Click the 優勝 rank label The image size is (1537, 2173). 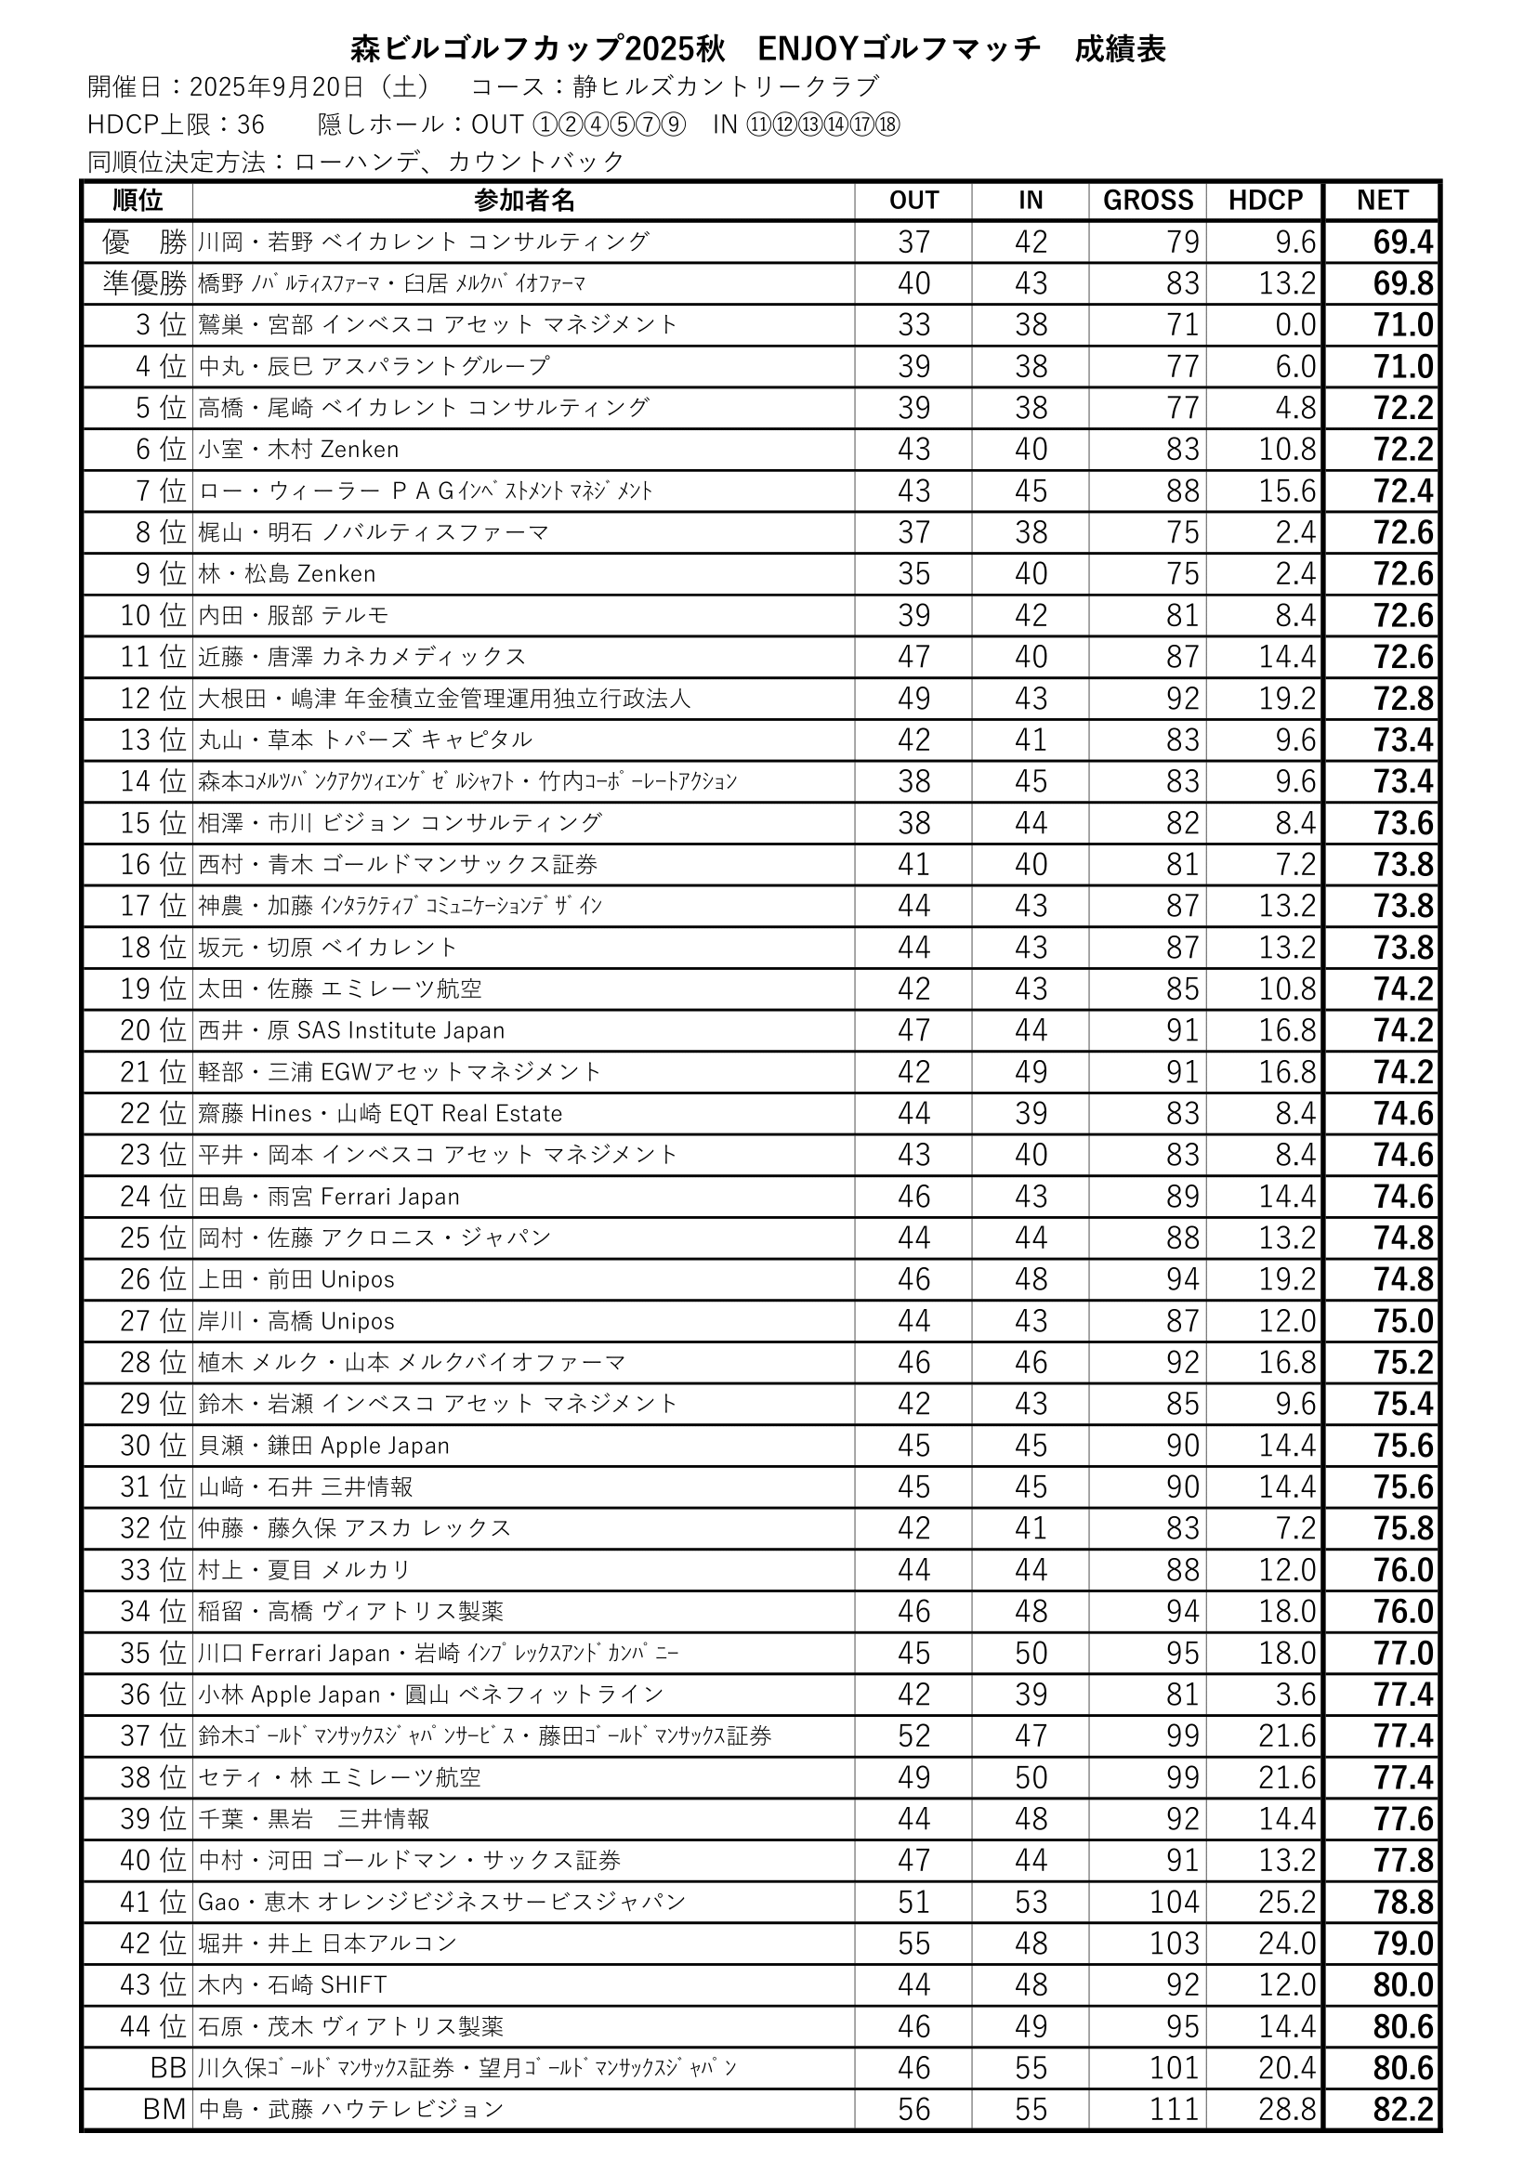(145, 242)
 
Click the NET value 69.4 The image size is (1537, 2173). (1402, 242)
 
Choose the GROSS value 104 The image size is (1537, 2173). (1174, 1903)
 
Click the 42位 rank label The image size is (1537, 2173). (152, 1944)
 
